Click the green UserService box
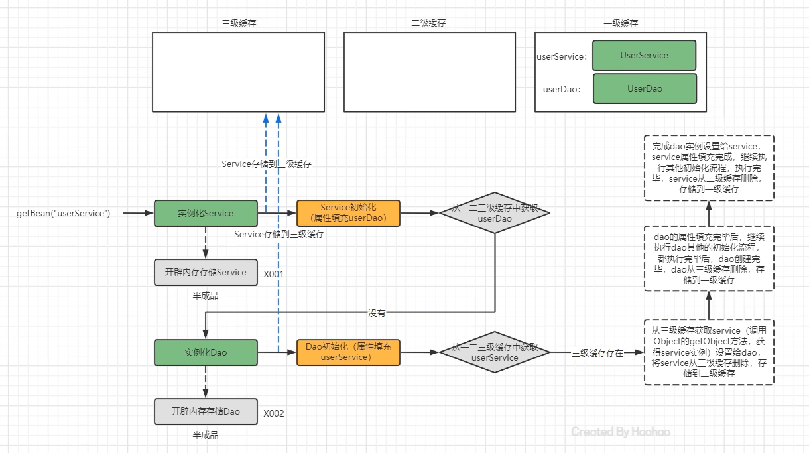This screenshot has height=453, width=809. (x=645, y=55)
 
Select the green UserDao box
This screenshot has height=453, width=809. (x=645, y=88)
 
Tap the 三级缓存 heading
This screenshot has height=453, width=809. (x=239, y=23)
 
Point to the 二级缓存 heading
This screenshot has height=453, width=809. (x=428, y=23)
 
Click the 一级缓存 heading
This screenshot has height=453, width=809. (x=621, y=23)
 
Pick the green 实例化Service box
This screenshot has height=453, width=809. (x=206, y=213)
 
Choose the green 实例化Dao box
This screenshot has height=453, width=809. (x=206, y=352)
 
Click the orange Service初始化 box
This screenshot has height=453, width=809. (x=348, y=213)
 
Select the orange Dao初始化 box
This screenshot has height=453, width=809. (x=348, y=352)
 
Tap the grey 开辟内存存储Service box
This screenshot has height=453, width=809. (x=206, y=272)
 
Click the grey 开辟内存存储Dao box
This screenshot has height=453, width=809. (x=206, y=411)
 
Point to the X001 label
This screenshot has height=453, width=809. (x=273, y=274)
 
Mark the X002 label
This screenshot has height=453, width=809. (x=273, y=413)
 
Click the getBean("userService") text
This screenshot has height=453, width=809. (x=63, y=213)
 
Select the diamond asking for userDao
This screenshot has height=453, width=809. (x=495, y=213)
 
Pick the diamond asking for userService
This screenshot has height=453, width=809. (x=495, y=352)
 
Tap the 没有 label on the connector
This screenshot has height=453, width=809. (x=377, y=313)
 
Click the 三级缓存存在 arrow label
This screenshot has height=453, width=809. (x=597, y=353)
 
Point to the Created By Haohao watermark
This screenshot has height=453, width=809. (x=621, y=432)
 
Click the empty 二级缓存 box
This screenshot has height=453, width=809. (x=430, y=72)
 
